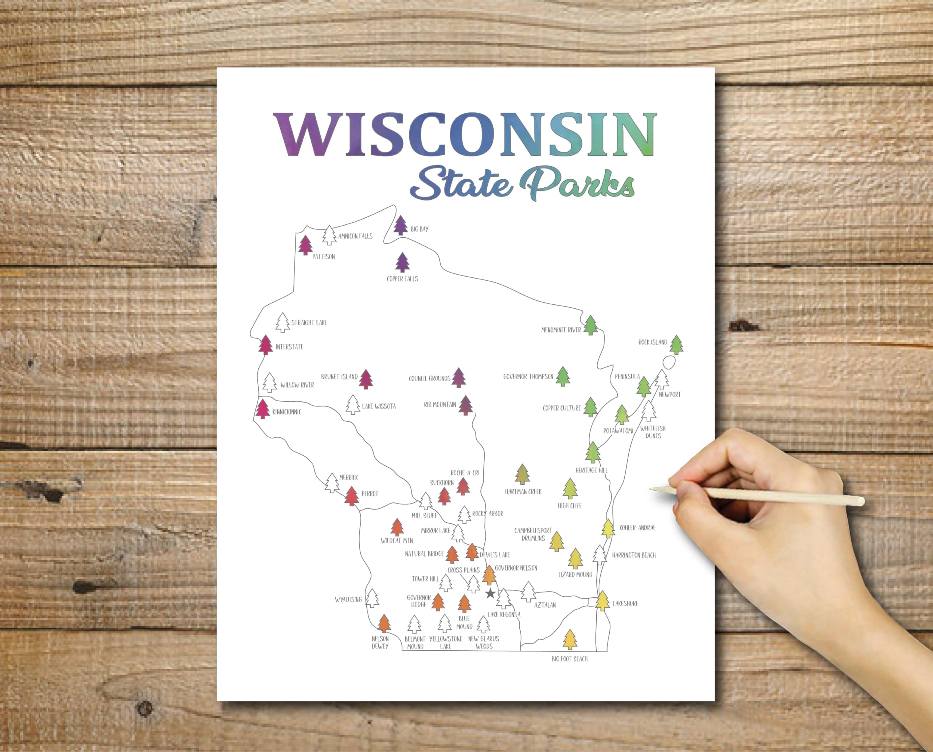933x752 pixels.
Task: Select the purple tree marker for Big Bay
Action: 401,225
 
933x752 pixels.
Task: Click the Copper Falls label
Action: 402,278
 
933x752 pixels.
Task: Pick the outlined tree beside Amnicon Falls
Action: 329,235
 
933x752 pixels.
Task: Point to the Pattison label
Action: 324,257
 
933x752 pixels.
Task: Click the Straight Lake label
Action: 309,323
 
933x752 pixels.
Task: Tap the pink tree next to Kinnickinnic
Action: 262,409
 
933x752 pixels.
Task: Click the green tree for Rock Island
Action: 676,345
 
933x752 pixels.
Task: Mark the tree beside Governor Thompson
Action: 563,377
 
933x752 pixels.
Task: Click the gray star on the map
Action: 490,593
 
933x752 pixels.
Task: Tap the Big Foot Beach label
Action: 570,659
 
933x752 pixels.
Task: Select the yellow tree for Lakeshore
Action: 602,601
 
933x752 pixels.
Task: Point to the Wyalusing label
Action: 348,600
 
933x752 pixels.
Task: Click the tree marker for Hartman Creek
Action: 522,474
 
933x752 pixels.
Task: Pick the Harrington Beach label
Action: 634,555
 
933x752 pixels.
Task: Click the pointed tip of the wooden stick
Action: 651,488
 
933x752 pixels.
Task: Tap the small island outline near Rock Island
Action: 669,362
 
